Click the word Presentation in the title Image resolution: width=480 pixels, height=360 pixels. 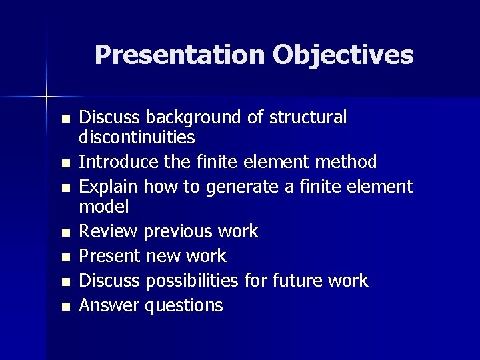[179, 55]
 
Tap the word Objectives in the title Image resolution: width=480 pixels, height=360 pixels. [342, 55]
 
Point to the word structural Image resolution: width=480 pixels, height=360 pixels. [309, 118]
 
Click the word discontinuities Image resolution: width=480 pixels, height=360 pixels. [137, 138]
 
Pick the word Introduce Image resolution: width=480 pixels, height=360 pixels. [115, 162]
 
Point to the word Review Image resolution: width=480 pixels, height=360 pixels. [108, 231]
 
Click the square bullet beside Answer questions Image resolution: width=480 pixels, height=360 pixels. [64, 307]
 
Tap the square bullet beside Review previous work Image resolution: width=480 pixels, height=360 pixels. [64, 233]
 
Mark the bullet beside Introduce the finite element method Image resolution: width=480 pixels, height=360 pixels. [64, 163]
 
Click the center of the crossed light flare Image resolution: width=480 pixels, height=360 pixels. [47, 97]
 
